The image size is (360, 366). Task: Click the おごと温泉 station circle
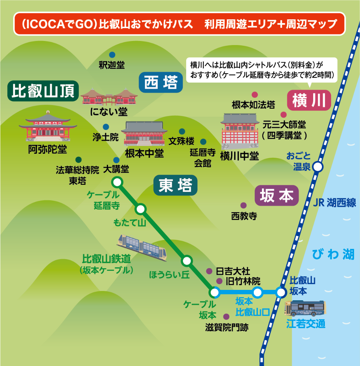coord(318,167)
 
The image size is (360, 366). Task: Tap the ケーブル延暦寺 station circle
coord(117,182)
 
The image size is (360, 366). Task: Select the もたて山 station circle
coord(141,209)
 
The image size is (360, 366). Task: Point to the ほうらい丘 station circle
coord(187,261)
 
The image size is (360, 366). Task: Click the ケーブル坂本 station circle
coord(214,292)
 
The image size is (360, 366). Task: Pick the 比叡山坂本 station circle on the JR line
coord(281,292)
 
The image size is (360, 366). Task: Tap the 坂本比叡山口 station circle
coord(258,292)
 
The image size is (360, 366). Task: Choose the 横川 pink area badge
coord(309,100)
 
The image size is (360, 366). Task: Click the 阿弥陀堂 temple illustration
coord(48,126)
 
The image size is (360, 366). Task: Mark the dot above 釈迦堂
coord(112,55)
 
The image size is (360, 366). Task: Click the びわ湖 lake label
coord(333,254)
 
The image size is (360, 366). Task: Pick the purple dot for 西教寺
coord(243,206)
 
